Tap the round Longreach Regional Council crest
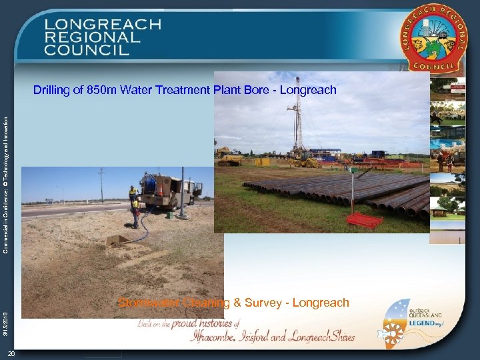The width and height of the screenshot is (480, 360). (x=433, y=38)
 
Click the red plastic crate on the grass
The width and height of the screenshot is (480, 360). (x=364, y=219)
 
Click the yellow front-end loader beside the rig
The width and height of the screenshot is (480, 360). (x=305, y=161)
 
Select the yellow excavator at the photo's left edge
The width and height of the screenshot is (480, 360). (x=229, y=157)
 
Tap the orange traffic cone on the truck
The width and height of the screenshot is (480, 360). (x=159, y=191)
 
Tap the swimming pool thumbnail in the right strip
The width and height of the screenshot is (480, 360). (x=448, y=144)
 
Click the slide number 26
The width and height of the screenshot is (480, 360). (x=12, y=353)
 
